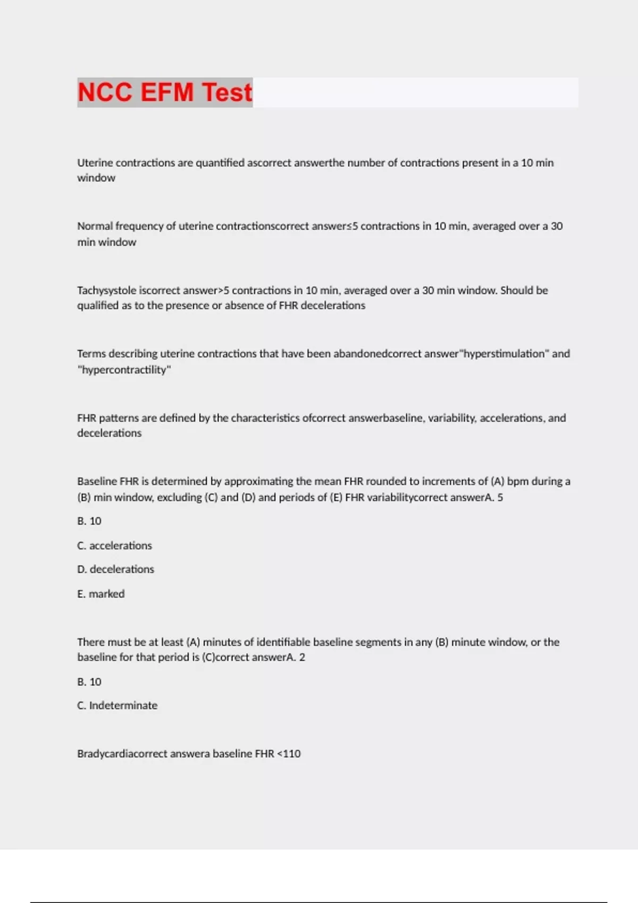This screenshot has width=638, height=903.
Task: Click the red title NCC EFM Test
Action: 165,92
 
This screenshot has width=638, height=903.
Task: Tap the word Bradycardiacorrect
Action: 122,754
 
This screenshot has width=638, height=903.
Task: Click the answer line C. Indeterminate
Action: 117,705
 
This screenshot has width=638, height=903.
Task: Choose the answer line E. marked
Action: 100,594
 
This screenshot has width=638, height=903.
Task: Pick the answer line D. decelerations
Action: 115,569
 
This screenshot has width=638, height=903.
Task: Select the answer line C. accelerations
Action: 114,546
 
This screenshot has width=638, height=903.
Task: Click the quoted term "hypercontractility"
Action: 124,370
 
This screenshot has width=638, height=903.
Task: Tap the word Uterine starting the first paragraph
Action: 95,163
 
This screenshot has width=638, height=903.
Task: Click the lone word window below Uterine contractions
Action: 96,178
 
